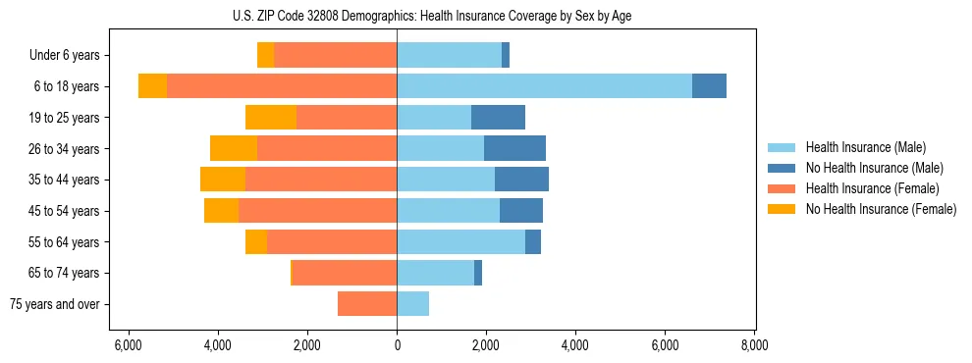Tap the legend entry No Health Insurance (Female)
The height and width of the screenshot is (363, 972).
click(x=881, y=209)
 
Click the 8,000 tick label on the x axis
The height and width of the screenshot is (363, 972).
click(x=754, y=345)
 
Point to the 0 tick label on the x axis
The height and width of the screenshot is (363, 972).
click(x=397, y=345)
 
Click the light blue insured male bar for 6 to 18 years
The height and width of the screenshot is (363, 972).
click(x=544, y=86)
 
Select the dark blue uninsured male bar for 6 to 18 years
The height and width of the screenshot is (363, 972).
click(x=709, y=86)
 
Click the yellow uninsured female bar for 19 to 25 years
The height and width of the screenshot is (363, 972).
click(x=271, y=118)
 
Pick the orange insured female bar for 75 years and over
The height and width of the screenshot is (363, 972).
click(x=367, y=304)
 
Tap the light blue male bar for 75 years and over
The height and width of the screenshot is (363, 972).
click(x=412, y=304)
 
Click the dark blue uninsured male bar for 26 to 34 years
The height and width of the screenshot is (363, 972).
click(x=514, y=148)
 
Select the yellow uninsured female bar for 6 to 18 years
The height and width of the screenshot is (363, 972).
click(x=152, y=86)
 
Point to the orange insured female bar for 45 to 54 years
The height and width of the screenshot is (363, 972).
click(x=317, y=211)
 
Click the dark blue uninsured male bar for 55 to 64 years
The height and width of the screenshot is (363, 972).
click(x=533, y=241)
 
